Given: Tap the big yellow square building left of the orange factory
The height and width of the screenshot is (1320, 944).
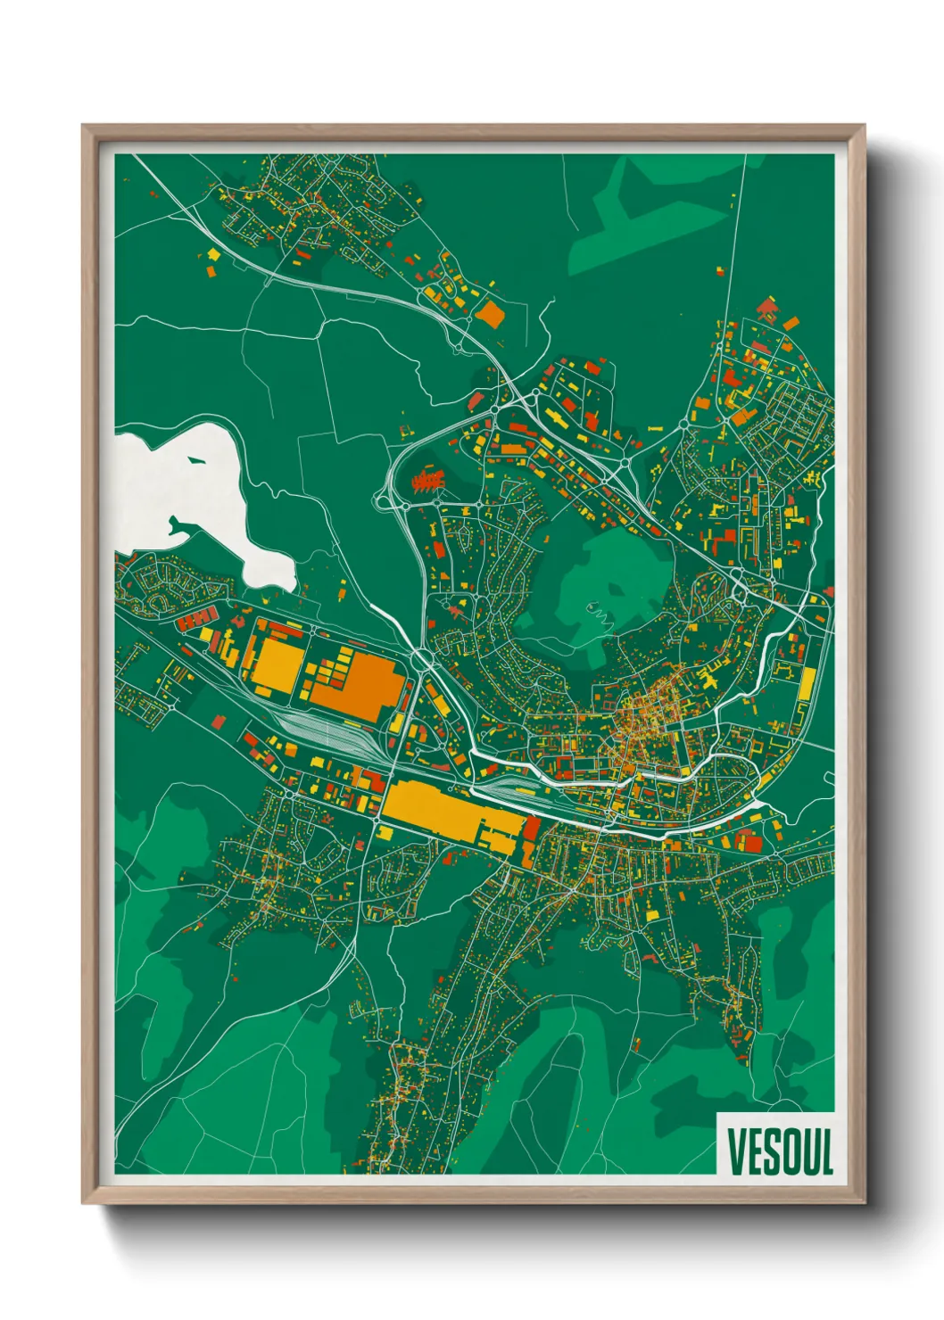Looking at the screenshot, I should coord(277,665).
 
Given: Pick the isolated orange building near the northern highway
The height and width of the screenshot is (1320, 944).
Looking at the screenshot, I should coord(489,313).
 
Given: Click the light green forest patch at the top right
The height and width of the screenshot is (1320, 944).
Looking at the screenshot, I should coord(651,214).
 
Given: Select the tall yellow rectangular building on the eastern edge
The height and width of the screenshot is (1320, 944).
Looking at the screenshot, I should coord(807,683).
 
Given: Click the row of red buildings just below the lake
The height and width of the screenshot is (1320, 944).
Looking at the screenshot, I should coord(195,618).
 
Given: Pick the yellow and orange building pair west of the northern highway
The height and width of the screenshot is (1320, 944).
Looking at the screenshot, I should coord(212,261).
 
